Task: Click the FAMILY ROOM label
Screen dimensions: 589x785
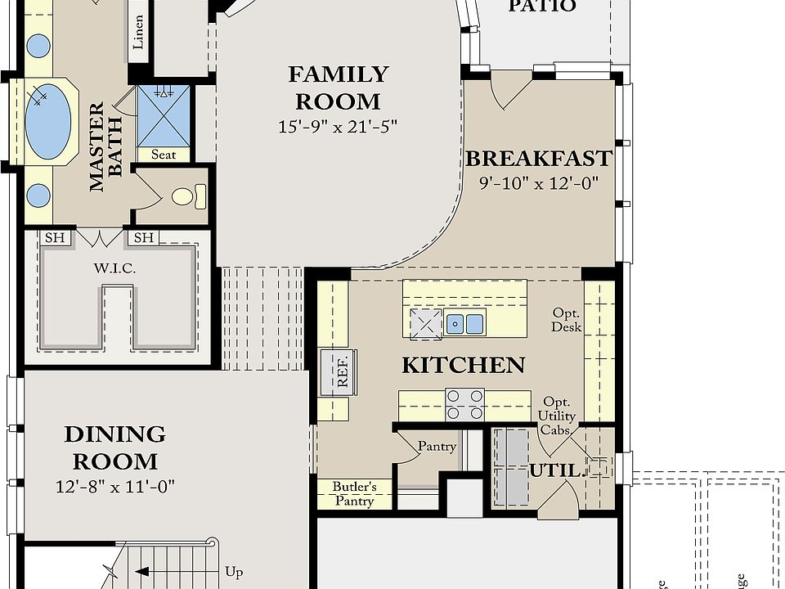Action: pos(338,88)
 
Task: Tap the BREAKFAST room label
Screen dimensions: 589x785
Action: pos(538,158)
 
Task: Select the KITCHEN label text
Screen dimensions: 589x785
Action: pos(463,365)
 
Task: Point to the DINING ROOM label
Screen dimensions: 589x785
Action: pos(114,447)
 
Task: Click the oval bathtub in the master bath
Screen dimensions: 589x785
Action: pos(47,121)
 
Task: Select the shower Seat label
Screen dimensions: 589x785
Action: pos(164,154)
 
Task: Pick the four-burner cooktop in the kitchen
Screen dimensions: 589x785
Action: pos(464,405)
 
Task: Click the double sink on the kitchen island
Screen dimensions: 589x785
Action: pos(464,323)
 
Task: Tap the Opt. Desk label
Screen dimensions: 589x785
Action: pos(567,320)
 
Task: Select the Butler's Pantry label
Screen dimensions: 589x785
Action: pos(354,494)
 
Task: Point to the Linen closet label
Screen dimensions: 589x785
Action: pos(138,31)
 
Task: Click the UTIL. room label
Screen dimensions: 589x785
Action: pos(556,471)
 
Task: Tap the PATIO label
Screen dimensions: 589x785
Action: pos(542,7)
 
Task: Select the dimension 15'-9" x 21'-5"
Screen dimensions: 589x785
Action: pos(338,127)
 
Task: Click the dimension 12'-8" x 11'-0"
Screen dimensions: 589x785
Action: pos(114,487)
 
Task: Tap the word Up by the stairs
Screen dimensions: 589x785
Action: pos(233,572)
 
